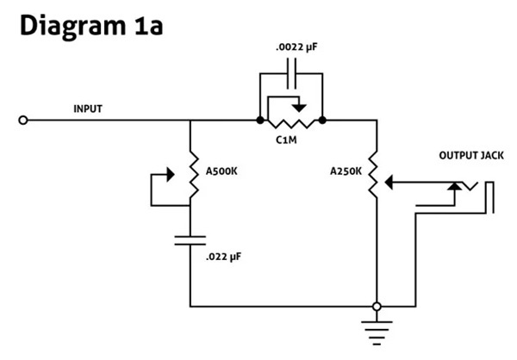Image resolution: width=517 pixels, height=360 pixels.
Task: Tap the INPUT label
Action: tap(88, 109)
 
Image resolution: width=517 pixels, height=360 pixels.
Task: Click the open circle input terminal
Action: tap(22, 121)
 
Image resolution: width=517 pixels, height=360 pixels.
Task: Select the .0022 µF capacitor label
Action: tap(296, 47)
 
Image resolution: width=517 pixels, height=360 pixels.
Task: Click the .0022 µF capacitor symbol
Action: tap(291, 73)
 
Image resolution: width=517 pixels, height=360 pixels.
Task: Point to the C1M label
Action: tap(286, 140)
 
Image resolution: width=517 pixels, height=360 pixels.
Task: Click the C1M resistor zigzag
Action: tap(291, 123)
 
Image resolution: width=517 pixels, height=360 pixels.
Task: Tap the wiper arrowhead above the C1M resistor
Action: tap(299, 108)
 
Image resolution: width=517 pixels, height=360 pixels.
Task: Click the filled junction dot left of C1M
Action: tap(260, 121)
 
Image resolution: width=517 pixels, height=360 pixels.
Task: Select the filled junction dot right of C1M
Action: tap(322, 121)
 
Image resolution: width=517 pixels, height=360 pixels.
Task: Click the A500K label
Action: tap(221, 171)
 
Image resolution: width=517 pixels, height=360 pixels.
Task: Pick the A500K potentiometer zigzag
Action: tap(193, 175)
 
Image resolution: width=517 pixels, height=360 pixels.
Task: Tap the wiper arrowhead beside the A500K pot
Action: tap(171, 174)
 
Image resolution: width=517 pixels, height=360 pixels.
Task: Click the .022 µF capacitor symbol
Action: tap(190, 240)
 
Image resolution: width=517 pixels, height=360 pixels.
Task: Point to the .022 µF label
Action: tap(223, 257)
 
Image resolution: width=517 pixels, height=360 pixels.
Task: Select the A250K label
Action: tap(346, 171)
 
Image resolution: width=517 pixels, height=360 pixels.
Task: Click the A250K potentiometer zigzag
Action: tap(373, 175)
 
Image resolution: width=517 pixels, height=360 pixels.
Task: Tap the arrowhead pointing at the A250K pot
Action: tap(389, 183)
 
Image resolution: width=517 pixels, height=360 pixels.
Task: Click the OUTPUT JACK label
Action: tap(471, 155)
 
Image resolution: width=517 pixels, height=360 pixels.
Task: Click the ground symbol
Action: tap(377, 332)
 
